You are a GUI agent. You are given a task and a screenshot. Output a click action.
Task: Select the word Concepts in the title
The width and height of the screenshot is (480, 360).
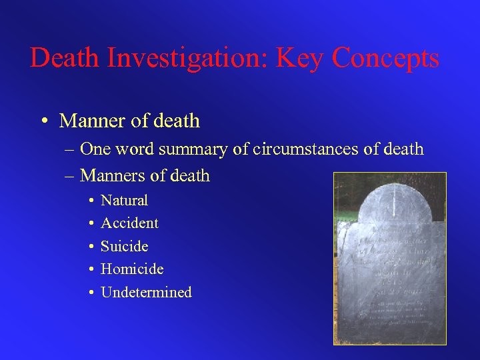[385, 58]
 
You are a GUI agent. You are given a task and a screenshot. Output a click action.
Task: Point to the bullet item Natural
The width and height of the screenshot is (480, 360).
[124, 200]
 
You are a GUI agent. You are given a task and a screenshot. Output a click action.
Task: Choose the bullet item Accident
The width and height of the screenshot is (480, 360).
[129, 223]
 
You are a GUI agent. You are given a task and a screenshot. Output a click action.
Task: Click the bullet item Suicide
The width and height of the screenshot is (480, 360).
[124, 246]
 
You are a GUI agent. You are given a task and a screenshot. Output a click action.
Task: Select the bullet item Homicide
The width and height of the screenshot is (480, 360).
[132, 269]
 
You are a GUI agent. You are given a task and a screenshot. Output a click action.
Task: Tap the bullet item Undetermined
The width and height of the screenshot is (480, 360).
[146, 292]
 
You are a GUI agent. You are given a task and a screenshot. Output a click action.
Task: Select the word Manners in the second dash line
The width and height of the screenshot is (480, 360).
[111, 176]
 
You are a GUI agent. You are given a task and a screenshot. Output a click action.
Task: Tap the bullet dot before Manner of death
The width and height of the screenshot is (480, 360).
[43, 121]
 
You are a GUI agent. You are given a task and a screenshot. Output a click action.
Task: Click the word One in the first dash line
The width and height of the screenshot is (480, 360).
[95, 149]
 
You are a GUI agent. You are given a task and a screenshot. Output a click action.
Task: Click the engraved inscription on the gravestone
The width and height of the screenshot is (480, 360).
[391, 267]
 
